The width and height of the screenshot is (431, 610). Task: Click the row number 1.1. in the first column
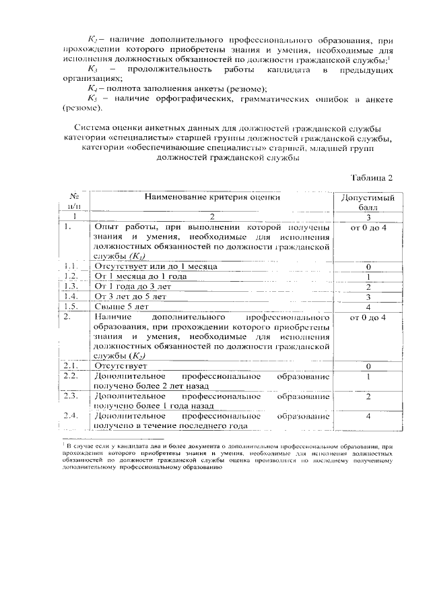[x=71, y=268]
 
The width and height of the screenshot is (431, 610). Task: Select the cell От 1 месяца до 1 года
[x=137, y=277]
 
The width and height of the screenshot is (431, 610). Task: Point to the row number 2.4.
[x=71, y=416]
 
